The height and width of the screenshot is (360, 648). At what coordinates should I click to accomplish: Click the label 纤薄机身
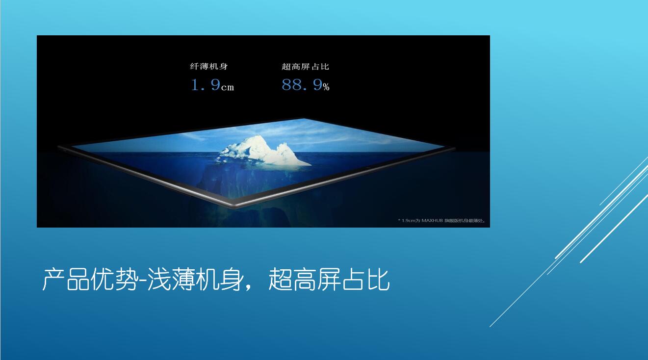coord(209,67)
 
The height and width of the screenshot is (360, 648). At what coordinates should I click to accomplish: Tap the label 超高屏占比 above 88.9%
coord(305,67)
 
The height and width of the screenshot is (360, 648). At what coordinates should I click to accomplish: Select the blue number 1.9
coord(206,85)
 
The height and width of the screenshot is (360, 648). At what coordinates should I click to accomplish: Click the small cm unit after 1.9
coord(228,87)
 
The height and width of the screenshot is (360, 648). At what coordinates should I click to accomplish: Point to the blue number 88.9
coord(302,85)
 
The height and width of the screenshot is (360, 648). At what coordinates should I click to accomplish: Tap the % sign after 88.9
coord(326,87)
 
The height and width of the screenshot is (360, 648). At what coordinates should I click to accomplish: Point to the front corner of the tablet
coord(234,207)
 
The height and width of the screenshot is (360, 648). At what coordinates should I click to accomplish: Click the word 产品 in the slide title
coord(66,280)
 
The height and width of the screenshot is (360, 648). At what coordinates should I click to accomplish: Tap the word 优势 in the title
coord(113,280)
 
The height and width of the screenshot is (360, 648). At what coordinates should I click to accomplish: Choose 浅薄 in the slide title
coord(171,280)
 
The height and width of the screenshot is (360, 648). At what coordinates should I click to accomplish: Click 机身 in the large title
coord(219,280)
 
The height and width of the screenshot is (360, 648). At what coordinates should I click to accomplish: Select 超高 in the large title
coord(292,280)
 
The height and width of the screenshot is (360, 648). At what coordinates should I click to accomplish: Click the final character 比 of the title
coord(378,280)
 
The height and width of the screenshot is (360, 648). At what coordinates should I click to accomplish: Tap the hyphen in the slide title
coord(142,281)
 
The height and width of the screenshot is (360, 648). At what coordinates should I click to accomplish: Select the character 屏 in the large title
coord(329,280)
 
